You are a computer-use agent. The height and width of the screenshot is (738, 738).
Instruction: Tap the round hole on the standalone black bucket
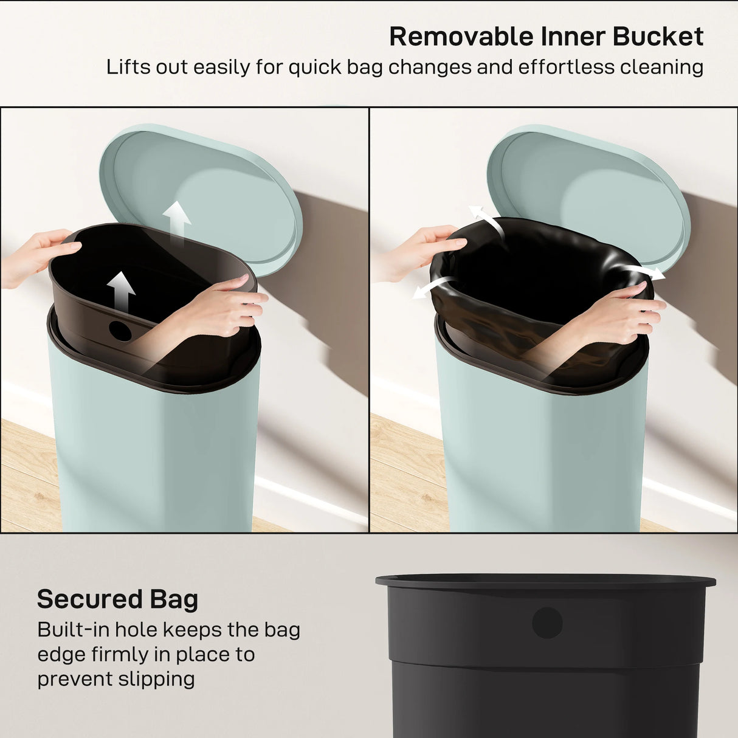[x=547, y=622]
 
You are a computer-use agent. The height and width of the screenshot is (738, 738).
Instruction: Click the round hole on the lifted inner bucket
[x=120, y=330]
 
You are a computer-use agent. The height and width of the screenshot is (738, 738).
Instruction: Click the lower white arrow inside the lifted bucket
[x=122, y=291]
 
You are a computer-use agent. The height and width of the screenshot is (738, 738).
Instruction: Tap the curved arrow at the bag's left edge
[x=432, y=286]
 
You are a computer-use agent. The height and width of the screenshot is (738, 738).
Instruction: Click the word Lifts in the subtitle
[x=125, y=67]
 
